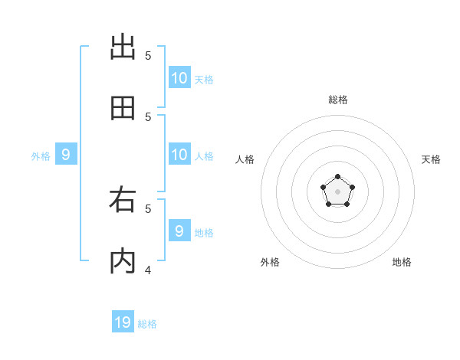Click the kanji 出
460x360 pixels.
click(x=123, y=47)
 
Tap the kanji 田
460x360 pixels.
click(x=123, y=108)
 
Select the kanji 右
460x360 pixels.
click(x=123, y=200)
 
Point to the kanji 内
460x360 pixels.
click(x=123, y=261)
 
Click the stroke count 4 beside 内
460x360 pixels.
click(x=148, y=270)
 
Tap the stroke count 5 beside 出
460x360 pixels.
click(x=148, y=55)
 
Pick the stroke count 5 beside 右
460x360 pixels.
click(x=148, y=208)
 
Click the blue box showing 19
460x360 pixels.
click(x=123, y=322)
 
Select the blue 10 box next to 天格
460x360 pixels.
click(x=179, y=78)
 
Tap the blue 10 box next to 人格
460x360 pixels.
click(x=179, y=155)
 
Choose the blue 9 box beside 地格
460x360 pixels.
click(x=179, y=231)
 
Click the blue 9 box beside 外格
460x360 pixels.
click(x=66, y=155)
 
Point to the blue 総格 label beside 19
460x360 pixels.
click(x=147, y=324)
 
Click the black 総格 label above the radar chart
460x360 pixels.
click(x=337, y=100)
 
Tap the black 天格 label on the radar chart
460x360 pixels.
click(x=432, y=159)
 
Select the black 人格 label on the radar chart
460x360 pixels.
click(x=245, y=159)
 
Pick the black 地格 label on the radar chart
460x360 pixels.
click(x=402, y=262)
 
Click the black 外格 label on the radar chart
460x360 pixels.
click(x=270, y=262)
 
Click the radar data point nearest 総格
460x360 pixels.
click(x=337, y=177)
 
